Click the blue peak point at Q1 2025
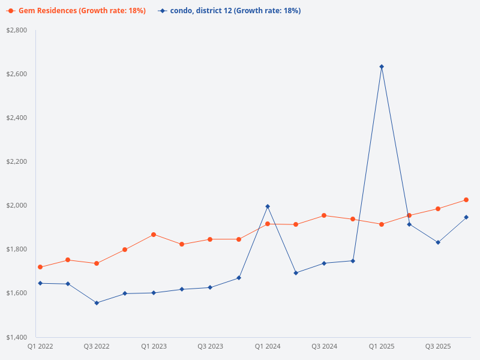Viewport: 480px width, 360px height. tap(382, 67)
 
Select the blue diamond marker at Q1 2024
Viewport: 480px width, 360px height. tap(268, 206)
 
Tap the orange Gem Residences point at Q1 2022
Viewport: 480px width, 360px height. tap(40, 267)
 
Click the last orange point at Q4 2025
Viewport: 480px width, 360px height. tap(466, 200)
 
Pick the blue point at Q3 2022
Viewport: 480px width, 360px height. tap(97, 303)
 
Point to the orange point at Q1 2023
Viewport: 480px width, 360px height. tap(154, 235)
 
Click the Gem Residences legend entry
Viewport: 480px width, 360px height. tap(77, 11)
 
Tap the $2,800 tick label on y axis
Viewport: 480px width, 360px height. tap(17, 30)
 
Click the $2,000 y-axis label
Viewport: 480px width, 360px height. tap(17, 205)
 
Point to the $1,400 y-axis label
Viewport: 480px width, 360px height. tap(17, 337)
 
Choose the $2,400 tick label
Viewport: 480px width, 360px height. tap(17, 118)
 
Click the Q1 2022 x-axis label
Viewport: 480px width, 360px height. tap(40, 346)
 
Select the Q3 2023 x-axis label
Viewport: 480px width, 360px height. tap(210, 346)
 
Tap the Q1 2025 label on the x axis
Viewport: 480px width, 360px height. tap(382, 346)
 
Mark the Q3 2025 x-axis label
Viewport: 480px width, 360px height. tap(438, 346)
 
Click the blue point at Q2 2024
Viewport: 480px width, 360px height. tap(296, 273)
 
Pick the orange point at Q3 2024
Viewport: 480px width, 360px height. tap(324, 215)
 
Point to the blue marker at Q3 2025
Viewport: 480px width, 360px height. tap(438, 242)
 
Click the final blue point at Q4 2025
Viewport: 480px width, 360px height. tap(466, 217)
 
